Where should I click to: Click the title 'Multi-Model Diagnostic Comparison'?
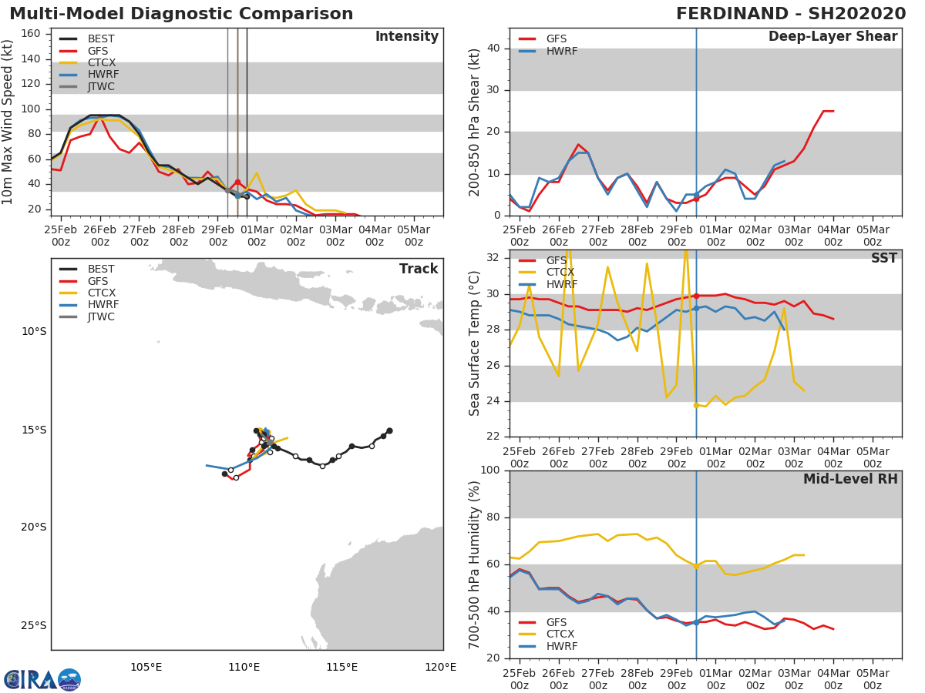pos(181,14)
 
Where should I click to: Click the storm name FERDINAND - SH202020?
pos(790,14)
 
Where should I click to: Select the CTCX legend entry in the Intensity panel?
pos(101,62)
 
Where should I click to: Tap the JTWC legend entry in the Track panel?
pos(101,316)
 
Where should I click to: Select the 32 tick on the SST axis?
pos(492,258)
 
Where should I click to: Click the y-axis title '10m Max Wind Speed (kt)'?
pos(8,122)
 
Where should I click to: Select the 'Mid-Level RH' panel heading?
pos(849,480)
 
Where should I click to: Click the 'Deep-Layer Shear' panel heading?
pos(832,37)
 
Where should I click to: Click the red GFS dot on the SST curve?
pos(696,296)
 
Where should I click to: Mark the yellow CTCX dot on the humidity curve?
pos(696,566)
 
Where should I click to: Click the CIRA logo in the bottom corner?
pos(42,679)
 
